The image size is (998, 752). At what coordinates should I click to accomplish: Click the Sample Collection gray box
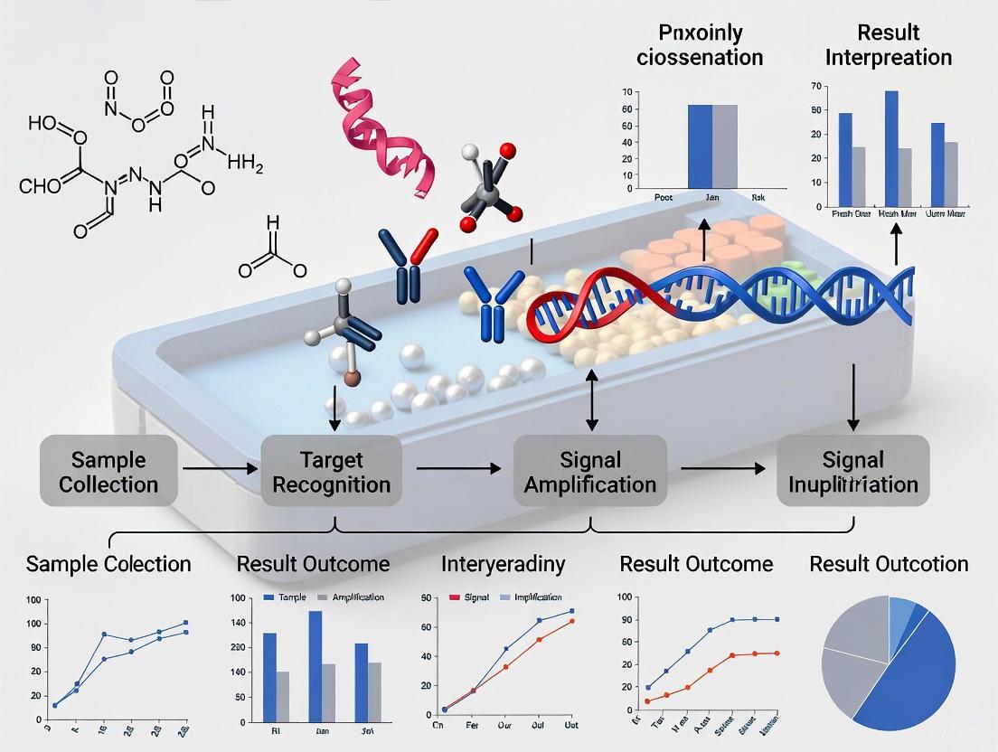click(108, 471)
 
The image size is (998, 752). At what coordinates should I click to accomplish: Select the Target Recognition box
click(331, 471)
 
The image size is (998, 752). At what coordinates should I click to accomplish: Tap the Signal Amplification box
click(589, 471)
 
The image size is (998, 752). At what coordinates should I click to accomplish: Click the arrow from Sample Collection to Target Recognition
click(217, 469)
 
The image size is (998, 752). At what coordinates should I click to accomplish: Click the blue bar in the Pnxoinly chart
click(701, 146)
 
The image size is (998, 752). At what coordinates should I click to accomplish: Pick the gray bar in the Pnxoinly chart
click(725, 146)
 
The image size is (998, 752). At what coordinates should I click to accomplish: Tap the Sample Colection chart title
click(108, 565)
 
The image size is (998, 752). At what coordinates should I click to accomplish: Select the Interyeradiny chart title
click(503, 565)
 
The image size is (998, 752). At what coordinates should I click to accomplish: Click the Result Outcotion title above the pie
click(889, 565)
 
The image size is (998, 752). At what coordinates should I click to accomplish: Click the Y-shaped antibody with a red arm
click(403, 266)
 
